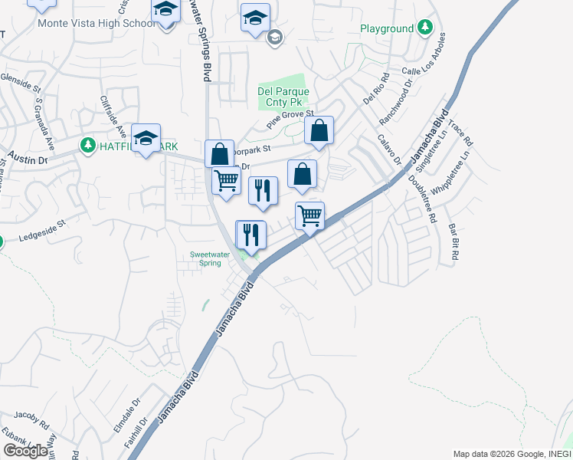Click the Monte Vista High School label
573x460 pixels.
tap(95, 24)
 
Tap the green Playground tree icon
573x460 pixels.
tap(425, 29)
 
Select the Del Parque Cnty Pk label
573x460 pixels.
tap(283, 97)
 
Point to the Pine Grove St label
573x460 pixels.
tap(291, 118)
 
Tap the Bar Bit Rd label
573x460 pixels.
tap(453, 240)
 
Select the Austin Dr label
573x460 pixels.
tap(28, 158)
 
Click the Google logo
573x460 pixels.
tap(26, 451)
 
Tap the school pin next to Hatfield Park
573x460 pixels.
tap(146, 139)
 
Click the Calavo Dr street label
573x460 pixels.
tap(389, 149)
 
